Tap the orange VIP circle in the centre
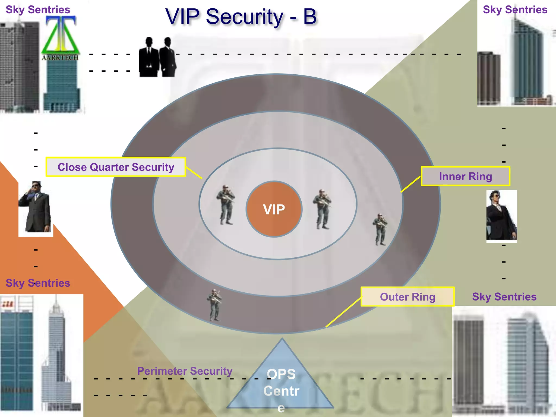coord(274,209)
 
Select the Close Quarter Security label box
coord(116,167)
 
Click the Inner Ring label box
coord(465,176)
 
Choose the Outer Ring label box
coord(407,297)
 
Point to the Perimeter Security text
coord(185,371)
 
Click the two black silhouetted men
coord(157,57)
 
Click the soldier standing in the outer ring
coord(214,305)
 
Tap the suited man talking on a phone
coord(36,207)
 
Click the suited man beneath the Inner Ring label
coord(501,215)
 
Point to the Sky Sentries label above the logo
coord(38,10)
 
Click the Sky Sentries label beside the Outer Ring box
coord(504,297)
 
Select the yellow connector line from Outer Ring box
coord(344,312)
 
